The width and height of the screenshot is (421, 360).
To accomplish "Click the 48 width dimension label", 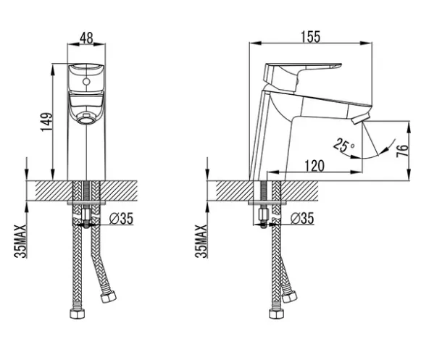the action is coord(86,38).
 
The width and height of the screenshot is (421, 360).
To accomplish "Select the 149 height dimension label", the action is coord(46,122).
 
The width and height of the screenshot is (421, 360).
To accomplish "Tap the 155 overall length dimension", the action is coord(311,37).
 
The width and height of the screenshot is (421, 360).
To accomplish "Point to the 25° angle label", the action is coord(343,146).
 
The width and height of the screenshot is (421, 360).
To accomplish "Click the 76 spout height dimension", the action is coord(402,151).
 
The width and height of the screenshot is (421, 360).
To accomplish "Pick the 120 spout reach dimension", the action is coord(314,166).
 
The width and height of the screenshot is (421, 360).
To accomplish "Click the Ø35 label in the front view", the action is coord(121,218).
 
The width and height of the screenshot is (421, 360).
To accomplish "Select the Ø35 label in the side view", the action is coord(302,218).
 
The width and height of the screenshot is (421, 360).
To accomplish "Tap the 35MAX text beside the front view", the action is coord(21,241).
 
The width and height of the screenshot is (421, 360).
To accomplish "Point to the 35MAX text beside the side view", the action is coord(201,241).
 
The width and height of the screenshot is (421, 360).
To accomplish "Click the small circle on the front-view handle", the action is coord(86,81).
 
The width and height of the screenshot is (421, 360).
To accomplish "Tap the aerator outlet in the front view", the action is coord(86,118).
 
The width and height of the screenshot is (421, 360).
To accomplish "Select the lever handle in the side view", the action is coord(300,76).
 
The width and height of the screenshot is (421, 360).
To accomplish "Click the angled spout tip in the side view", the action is coord(361,118).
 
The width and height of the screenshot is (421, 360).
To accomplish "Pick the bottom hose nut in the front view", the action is coord(78,314).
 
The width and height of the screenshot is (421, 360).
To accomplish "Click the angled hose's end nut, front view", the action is coord(108,297).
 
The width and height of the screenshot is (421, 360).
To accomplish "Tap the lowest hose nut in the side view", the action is coord(277,314).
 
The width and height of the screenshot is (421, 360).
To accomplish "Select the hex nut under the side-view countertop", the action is coord(263,214).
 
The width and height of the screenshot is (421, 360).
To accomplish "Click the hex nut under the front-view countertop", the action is coord(86,214).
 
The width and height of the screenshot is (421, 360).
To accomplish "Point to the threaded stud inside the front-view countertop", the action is coord(86,191).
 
